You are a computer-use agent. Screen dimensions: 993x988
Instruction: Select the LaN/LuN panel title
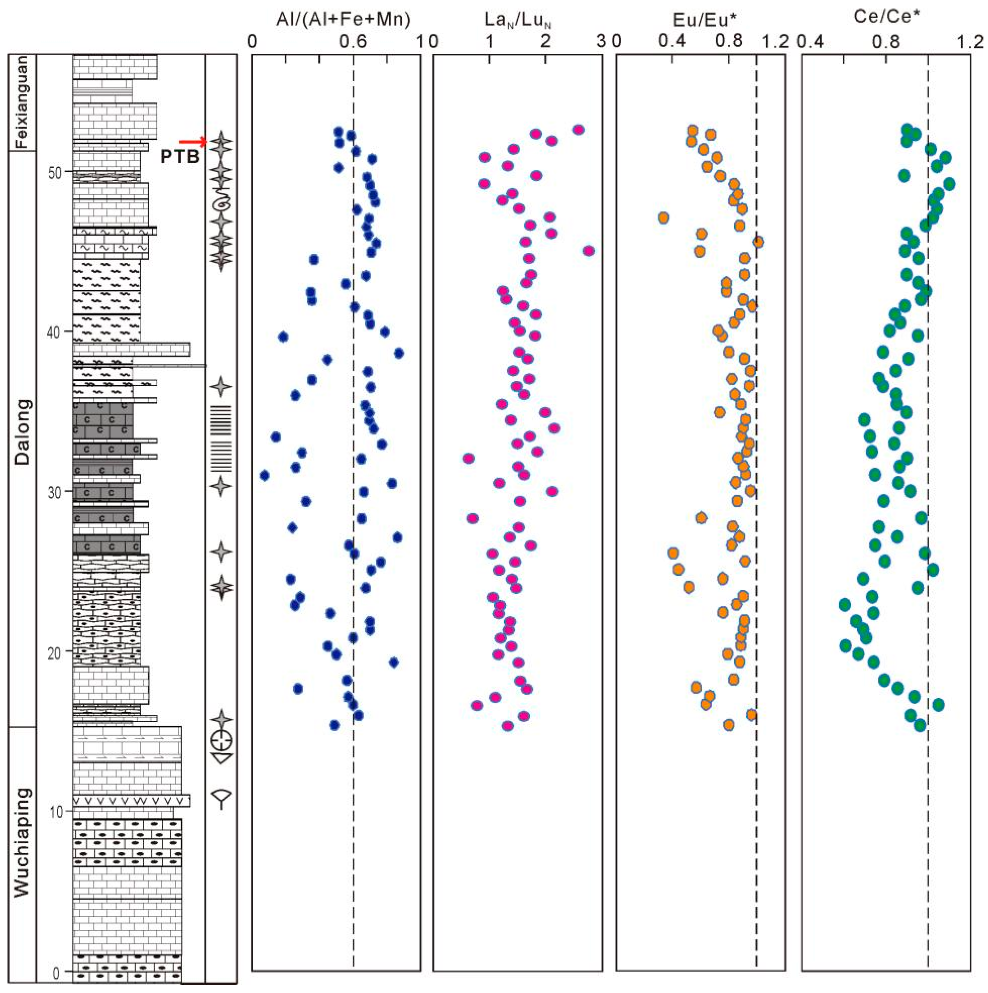click(x=518, y=20)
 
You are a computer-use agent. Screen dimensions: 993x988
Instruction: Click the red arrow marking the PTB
click(x=192, y=141)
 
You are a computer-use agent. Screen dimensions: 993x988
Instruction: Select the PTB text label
click(x=180, y=156)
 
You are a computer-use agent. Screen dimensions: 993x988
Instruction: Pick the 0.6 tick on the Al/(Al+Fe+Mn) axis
click(x=353, y=40)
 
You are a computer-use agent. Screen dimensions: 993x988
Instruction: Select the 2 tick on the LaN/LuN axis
click(x=545, y=40)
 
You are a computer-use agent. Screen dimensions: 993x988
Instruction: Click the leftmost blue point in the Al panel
click(x=264, y=475)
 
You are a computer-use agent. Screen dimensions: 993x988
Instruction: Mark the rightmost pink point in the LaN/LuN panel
click(x=589, y=250)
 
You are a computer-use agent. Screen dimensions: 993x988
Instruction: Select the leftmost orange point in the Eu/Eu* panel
click(x=663, y=217)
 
